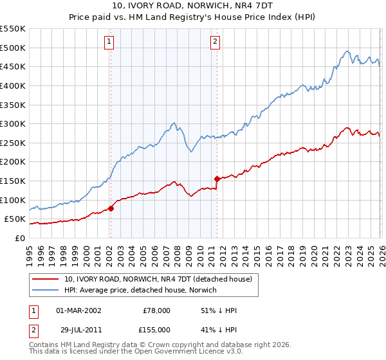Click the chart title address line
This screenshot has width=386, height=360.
192,6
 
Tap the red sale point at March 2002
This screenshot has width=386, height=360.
111,208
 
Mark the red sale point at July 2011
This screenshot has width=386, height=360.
217,179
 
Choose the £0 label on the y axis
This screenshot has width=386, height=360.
19,238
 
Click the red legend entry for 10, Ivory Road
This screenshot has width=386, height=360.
161,278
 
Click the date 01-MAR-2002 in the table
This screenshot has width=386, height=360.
78,310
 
